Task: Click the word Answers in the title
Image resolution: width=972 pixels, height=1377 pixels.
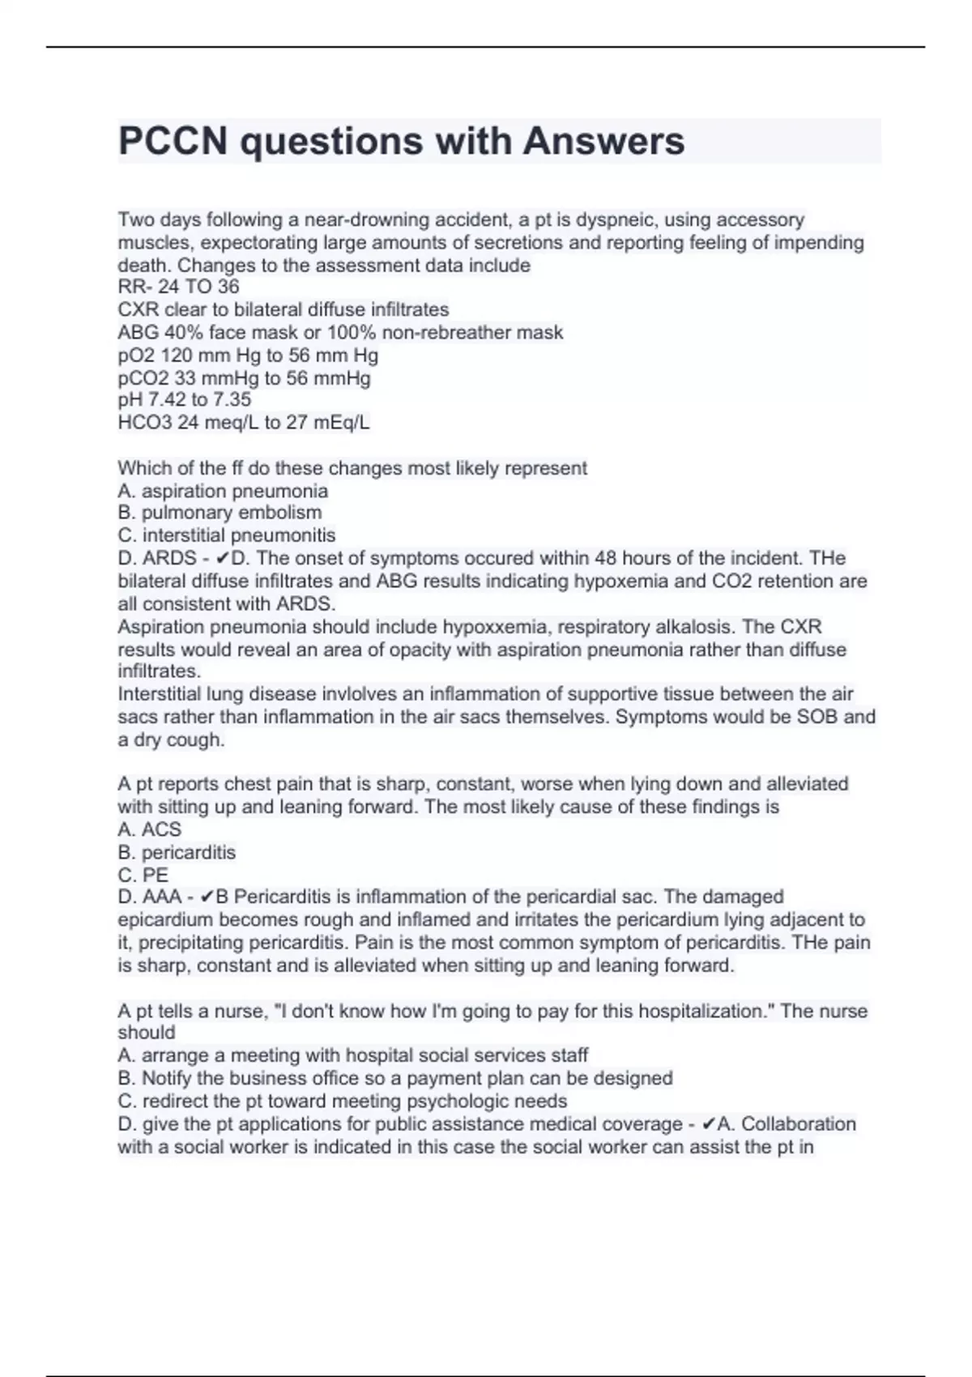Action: [603, 141]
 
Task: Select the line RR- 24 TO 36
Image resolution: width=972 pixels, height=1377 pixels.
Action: [178, 287]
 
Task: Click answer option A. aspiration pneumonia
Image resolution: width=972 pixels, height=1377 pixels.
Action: [223, 491]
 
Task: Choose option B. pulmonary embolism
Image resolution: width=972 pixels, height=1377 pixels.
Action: [220, 513]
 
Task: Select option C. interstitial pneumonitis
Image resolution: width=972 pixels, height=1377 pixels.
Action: [226, 535]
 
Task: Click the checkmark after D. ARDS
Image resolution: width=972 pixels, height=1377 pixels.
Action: [224, 559]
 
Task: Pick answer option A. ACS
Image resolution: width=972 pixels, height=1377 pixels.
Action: [149, 829]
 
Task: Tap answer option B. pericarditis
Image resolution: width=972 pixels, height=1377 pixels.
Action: [177, 852]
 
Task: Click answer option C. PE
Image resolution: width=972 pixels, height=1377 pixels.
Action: [143, 875]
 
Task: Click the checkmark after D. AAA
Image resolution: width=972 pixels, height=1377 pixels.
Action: [207, 897]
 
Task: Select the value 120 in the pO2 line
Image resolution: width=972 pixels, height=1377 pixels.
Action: [177, 355]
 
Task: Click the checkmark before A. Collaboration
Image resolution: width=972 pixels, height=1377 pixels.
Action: [708, 1124]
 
